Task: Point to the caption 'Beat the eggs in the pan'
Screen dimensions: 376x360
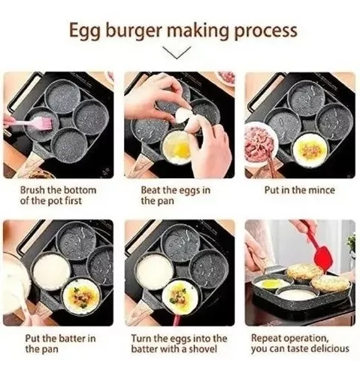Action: pyautogui.click(x=175, y=196)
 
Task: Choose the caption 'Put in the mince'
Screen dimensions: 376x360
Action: pyautogui.click(x=298, y=190)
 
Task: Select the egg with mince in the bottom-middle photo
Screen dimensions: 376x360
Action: pyautogui.click(x=180, y=296)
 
